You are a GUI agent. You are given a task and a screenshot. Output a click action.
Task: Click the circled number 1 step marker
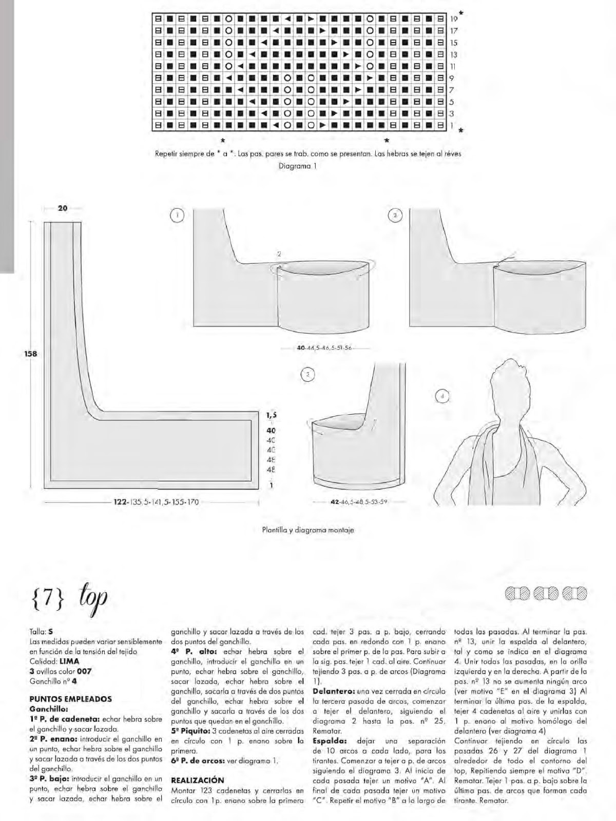point(177,216)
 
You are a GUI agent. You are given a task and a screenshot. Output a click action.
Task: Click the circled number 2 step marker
point(395,216)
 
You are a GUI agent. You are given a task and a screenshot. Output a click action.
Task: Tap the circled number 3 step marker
point(307,375)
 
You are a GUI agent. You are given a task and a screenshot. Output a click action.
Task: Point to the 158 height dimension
point(32,354)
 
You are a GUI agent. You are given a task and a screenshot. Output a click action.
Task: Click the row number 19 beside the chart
point(454,19)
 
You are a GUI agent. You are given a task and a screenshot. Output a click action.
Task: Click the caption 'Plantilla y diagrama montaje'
point(307,530)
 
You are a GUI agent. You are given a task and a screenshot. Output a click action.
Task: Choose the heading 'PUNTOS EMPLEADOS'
point(70,699)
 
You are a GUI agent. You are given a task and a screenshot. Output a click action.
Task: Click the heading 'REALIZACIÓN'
point(198,780)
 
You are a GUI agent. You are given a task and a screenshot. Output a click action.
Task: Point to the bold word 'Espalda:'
point(330,741)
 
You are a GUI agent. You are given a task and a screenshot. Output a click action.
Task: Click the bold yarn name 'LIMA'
point(69,661)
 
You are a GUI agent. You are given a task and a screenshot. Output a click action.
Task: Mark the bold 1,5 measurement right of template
point(272,415)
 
